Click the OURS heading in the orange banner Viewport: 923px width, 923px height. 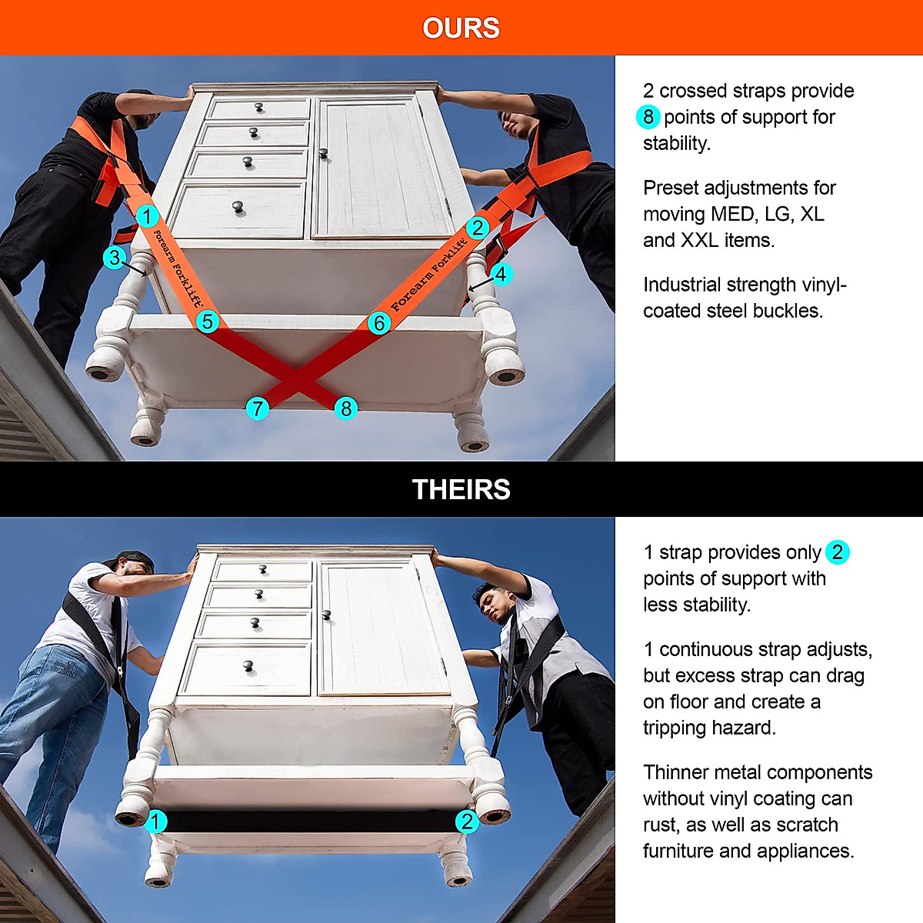point(461,28)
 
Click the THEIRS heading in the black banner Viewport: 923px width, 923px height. point(461,490)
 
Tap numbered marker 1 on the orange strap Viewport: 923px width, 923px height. point(148,216)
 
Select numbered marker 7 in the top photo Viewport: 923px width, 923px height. point(258,408)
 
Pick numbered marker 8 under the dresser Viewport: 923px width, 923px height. point(346,408)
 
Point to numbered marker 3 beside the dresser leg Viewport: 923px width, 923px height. point(115,258)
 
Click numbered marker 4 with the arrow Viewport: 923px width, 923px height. point(501,274)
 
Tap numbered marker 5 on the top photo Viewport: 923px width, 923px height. point(207,322)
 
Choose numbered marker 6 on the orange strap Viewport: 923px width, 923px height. point(378,323)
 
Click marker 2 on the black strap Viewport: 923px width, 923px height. point(467,821)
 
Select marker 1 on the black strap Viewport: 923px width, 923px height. point(155,821)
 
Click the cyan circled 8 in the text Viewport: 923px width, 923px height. point(648,117)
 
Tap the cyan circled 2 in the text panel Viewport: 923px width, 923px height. point(837,552)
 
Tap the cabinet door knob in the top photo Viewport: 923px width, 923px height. point(323,153)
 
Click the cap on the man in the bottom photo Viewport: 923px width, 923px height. point(136,559)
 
